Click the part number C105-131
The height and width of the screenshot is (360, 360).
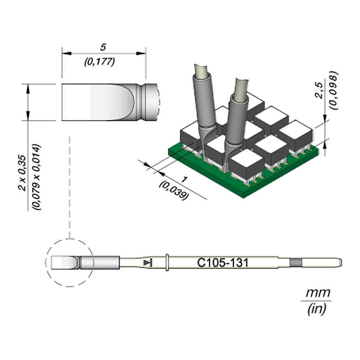pyautogui.click(x=222, y=263)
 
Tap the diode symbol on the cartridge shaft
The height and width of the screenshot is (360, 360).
pyautogui.click(x=147, y=263)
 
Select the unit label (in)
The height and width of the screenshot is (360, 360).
pyautogui.click(x=317, y=309)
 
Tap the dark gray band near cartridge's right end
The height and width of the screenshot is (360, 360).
pyautogui.click(x=295, y=263)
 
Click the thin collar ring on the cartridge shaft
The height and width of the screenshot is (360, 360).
pyautogui.click(x=168, y=263)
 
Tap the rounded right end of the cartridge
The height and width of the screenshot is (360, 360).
pyautogui.click(x=340, y=263)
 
